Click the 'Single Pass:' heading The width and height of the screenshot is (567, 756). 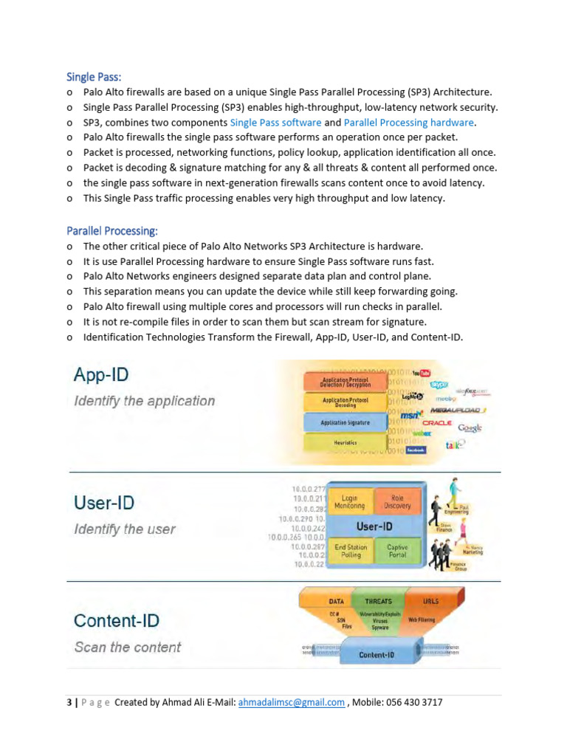click(94, 77)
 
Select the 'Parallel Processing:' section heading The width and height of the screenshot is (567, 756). click(111, 230)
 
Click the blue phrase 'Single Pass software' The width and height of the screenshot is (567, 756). click(275, 123)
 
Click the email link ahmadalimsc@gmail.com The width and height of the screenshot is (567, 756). click(292, 702)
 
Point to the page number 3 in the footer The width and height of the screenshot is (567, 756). click(69, 702)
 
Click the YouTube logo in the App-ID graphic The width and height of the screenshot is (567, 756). click(422, 374)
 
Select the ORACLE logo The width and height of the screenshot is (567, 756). click(436, 422)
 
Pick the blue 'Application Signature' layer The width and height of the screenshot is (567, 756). click(345, 423)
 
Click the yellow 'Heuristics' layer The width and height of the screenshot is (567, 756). click(345, 442)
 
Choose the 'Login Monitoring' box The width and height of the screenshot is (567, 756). click(350, 503)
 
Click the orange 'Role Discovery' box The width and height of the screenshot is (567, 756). click(398, 502)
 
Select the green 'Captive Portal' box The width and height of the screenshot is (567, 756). click(398, 551)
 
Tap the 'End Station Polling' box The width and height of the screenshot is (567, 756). click(350, 551)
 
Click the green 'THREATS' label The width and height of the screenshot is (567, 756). click(378, 601)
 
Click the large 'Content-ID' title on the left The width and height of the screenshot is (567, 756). click(116, 621)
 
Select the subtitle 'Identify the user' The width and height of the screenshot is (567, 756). click(124, 529)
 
